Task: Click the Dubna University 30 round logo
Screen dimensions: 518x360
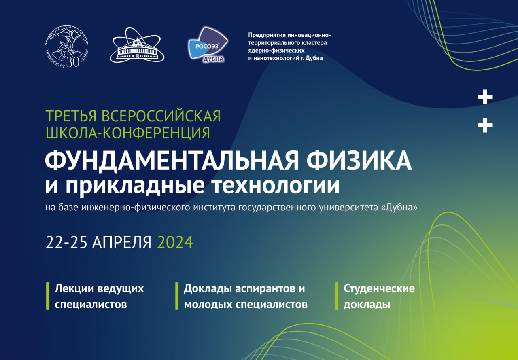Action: click(x=67, y=46)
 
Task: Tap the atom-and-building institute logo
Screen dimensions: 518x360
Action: click(x=137, y=45)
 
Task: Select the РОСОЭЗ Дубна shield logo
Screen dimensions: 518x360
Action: click(x=208, y=44)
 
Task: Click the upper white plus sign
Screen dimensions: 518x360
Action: click(x=485, y=97)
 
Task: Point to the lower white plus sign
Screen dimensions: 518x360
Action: click(x=485, y=125)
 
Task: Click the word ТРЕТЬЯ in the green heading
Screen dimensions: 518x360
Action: click(x=71, y=116)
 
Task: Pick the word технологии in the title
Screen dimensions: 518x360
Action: click(x=276, y=185)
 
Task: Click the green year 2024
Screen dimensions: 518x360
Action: click(x=175, y=242)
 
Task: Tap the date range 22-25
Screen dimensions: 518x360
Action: click(x=66, y=242)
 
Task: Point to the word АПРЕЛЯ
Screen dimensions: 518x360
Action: click(x=122, y=243)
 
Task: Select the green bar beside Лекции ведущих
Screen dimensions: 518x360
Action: click(x=48, y=296)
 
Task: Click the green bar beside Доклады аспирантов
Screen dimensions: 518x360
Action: click(x=177, y=296)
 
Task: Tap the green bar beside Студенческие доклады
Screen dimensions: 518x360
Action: click(x=337, y=296)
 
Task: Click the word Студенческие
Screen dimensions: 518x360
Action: click(x=379, y=289)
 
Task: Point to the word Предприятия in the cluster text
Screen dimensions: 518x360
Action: click(x=267, y=35)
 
